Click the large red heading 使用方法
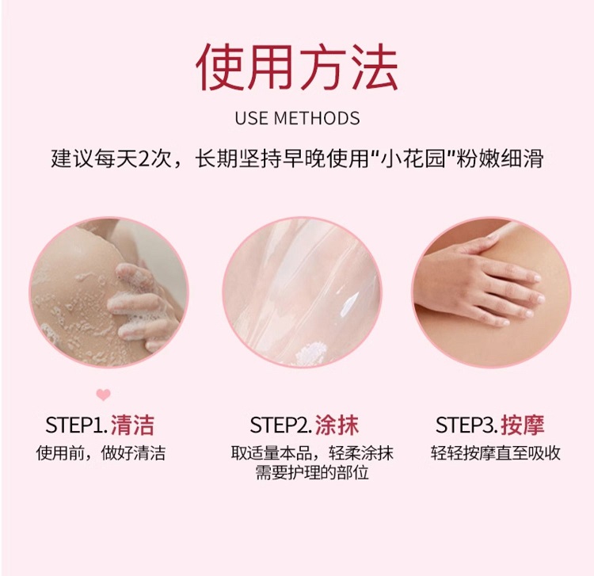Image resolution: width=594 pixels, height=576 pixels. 297,67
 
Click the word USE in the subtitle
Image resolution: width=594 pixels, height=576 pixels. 251,118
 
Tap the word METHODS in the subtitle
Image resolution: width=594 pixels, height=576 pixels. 317,118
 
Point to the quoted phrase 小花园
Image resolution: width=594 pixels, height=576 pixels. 413,158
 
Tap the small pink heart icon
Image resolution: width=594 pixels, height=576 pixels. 103,395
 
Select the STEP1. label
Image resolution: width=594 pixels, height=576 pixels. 77,425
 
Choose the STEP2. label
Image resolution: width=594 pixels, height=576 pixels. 281,425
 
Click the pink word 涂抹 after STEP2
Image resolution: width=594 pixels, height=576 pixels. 337,425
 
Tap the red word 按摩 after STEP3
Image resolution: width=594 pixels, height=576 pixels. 523,425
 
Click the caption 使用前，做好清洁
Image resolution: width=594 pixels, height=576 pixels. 101,453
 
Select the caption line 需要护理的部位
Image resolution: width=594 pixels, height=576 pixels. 312,473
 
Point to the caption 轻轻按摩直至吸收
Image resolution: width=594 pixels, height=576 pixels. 496,453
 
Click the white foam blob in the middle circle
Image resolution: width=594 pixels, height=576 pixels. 311,353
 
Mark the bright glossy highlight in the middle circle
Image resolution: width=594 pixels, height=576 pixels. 348,303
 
